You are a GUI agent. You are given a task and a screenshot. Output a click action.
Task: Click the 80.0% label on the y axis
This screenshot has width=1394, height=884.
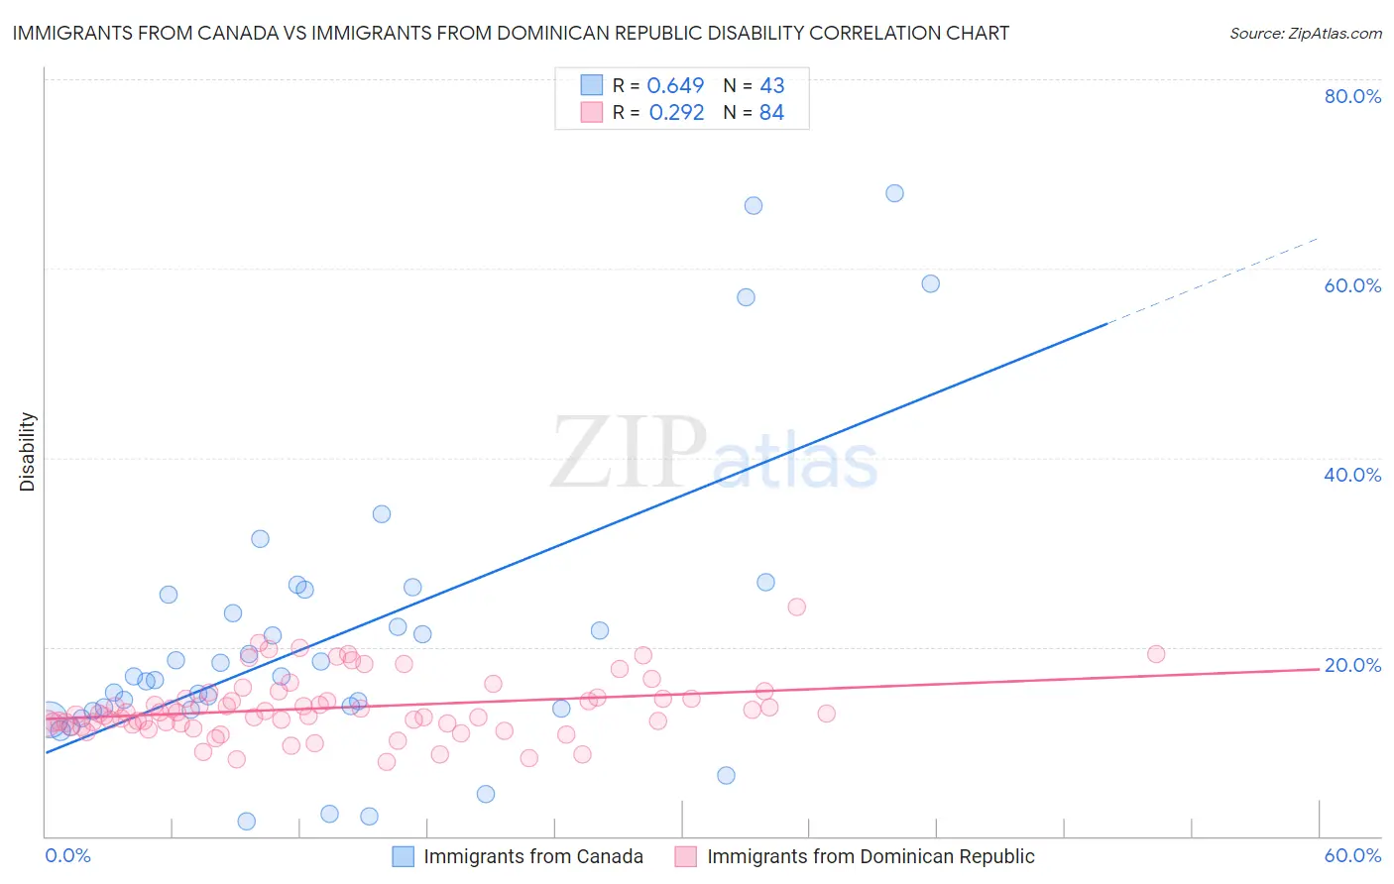coord(1352,96)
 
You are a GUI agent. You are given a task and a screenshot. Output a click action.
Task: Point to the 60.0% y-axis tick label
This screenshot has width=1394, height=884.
coord(1352,285)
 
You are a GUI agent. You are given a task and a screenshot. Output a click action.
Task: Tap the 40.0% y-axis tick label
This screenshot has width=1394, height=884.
coord(1352,475)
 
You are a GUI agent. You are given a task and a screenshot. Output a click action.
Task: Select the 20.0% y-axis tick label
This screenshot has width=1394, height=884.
coord(1352,665)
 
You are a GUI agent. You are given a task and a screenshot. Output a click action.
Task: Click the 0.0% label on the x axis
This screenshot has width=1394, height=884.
coord(68,855)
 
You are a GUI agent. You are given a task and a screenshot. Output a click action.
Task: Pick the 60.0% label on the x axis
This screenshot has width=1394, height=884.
coord(1352,855)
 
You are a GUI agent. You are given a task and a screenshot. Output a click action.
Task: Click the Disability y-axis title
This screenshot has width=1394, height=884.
coord(28,452)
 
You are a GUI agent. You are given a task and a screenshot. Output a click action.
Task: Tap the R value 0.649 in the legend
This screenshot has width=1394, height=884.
coord(675,86)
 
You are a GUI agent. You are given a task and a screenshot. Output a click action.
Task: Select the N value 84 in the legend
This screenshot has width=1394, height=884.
coord(771,113)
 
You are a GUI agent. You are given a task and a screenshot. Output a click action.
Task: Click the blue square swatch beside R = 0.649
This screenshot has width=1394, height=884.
coord(592,85)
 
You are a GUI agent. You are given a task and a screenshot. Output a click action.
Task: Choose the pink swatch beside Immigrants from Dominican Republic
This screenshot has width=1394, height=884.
coord(686,856)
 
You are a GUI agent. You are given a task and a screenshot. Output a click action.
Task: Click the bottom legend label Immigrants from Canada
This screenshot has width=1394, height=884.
coord(533,856)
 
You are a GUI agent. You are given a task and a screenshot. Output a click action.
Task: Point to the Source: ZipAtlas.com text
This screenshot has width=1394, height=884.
coord(1305,34)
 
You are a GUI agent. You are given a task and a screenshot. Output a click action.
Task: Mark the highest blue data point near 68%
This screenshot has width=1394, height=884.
coord(894,193)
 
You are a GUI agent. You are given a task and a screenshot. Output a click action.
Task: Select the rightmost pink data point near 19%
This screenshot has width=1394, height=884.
coord(1156,654)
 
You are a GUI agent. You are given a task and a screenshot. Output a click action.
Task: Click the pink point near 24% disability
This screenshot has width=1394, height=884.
coord(796,607)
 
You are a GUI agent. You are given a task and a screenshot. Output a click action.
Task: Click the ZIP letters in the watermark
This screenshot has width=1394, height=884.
coord(629,452)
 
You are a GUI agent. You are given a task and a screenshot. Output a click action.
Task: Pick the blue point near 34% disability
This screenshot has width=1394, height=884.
coord(382,514)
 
